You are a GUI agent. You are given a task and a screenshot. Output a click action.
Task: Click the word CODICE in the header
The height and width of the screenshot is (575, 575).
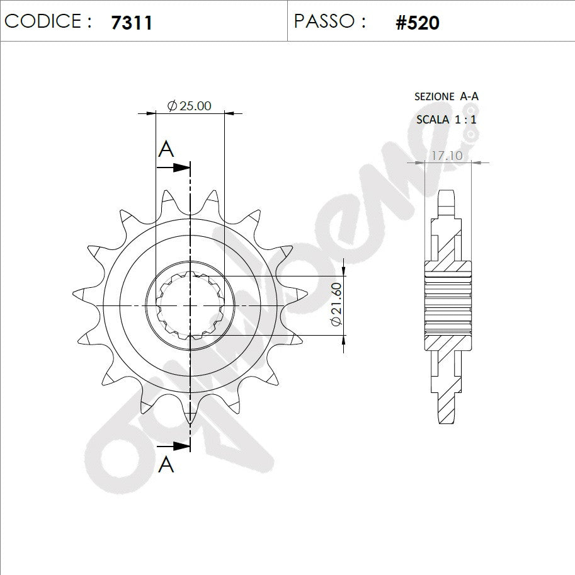pos(43,21)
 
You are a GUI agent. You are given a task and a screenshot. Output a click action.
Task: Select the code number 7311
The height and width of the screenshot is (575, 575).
pos(131,23)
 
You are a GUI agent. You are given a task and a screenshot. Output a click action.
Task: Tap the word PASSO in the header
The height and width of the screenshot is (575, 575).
pos(324,21)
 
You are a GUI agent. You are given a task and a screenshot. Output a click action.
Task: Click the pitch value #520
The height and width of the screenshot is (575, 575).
pos(417,23)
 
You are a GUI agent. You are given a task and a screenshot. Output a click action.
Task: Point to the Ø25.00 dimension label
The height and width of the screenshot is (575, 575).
pos(189,106)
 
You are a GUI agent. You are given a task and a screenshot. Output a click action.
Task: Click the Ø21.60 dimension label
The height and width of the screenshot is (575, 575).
pos(336,304)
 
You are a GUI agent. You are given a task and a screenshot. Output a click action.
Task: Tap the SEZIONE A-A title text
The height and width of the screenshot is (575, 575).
pos(447,96)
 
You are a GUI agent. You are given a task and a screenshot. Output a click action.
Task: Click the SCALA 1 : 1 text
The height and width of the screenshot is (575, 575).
pos(447,120)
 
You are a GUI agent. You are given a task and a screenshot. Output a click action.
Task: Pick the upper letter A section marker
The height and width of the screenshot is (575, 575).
pos(166,149)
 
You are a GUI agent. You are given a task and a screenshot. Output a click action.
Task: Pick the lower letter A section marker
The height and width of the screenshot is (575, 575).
pos(166,465)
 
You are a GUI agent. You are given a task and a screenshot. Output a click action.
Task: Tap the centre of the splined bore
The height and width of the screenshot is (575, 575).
pos(190,305)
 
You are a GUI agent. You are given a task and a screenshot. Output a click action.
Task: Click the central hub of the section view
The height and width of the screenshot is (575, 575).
pos(447,305)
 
